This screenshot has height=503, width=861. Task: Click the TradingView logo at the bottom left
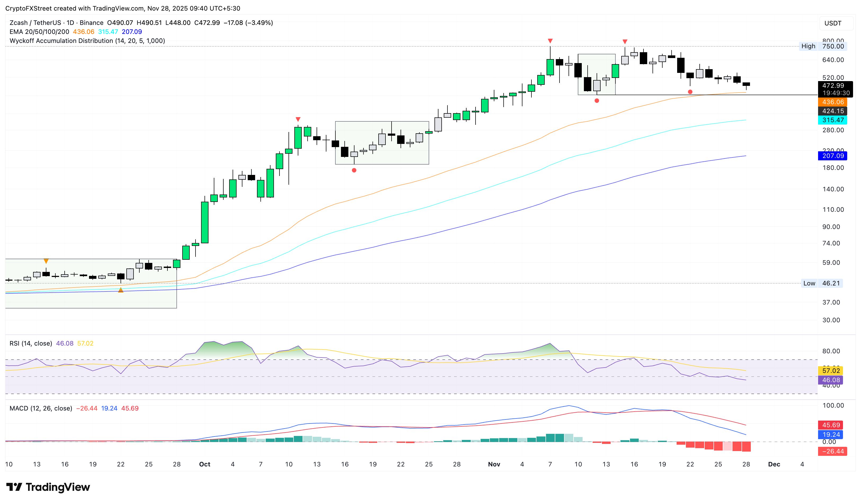click(48, 487)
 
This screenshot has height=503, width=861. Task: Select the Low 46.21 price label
click(822, 283)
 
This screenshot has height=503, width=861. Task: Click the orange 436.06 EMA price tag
click(833, 102)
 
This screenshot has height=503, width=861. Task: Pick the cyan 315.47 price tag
click(833, 120)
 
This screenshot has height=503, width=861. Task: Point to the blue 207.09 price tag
click(833, 156)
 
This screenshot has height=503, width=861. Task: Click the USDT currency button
click(833, 23)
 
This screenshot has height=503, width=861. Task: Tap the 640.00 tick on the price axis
click(833, 60)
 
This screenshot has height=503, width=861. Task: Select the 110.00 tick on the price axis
click(833, 209)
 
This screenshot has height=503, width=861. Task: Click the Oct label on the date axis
click(205, 464)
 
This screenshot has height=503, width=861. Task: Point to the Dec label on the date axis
click(774, 464)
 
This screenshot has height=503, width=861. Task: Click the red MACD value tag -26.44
click(833, 451)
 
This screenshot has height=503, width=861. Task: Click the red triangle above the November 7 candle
click(550, 41)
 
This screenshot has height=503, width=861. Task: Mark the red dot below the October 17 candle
click(354, 170)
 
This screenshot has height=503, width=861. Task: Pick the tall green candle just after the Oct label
click(205, 222)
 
